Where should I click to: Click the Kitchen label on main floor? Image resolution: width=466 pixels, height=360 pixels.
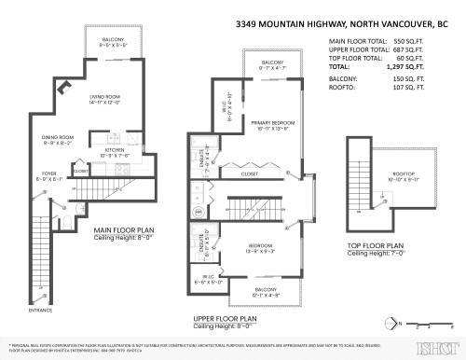(x=115, y=149)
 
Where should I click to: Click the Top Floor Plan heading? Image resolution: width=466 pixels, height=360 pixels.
(x=381, y=246)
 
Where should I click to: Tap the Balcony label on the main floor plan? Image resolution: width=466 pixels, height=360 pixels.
(x=117, y=39)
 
